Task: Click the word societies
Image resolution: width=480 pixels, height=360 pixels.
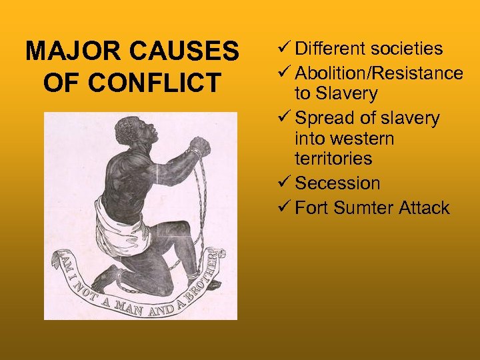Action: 407,49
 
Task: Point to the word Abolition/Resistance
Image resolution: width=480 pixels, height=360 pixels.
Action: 379,73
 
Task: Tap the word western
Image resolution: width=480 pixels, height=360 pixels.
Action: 345,139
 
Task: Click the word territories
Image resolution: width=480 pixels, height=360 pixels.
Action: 333,159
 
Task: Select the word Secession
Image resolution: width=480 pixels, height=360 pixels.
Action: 337,183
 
